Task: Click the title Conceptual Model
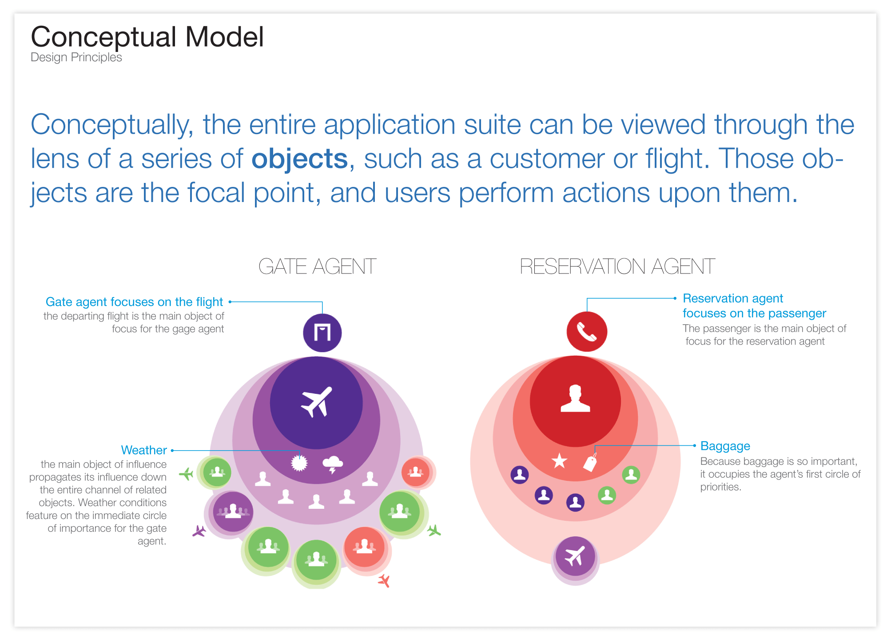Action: coord(147,37)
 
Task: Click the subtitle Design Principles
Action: coord(76,57)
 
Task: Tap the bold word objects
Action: coord(299,159)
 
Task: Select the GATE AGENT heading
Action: coord(317,266)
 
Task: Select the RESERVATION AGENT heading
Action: coord(617,266)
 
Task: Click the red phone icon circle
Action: coord(586,332)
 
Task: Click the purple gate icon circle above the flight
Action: coord(322,333)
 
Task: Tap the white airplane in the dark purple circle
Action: coord(317,402)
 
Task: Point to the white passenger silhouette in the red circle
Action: coord(575,399)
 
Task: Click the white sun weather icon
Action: coord(299,463)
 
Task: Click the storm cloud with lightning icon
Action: coord(332,464)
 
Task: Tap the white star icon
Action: coord(559,461)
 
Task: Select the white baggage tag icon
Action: coord(590,463)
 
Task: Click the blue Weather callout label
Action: coord(144,450)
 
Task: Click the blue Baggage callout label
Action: coord(725,446)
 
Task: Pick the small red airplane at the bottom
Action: coord(384,580)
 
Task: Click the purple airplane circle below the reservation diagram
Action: coord(575,556)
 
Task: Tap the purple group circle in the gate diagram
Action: coord(232,512)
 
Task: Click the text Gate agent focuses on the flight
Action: coord(134,302)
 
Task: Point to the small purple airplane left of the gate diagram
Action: coord(199,531)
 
